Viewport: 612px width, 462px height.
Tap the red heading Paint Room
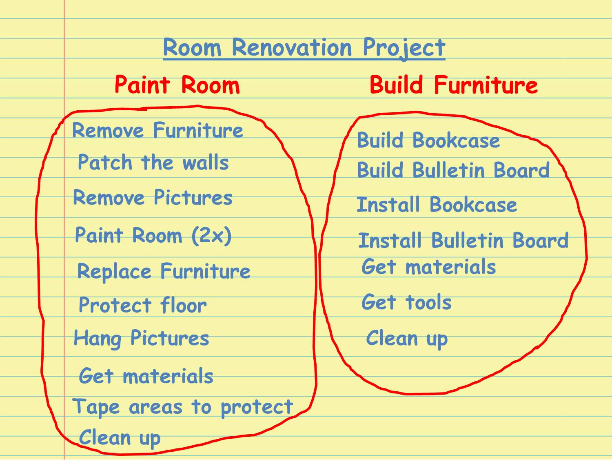pos(177,85)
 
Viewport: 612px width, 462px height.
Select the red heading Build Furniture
pos(454,85)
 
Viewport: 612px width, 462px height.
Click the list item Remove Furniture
pos(157,130)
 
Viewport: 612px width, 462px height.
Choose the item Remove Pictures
pos(153,197)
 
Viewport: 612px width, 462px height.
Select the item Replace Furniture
pos(164,271)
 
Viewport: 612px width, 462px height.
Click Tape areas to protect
pos(183,407)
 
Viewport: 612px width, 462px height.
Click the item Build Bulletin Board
pos(453,170)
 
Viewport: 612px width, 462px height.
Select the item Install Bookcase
pos(437,204)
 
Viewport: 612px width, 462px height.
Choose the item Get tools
pos(406,302)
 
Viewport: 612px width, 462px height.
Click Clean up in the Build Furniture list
pos(407,339)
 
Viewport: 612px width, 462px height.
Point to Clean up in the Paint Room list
pos(120,438)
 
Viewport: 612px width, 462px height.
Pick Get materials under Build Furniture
pos(428,266)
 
